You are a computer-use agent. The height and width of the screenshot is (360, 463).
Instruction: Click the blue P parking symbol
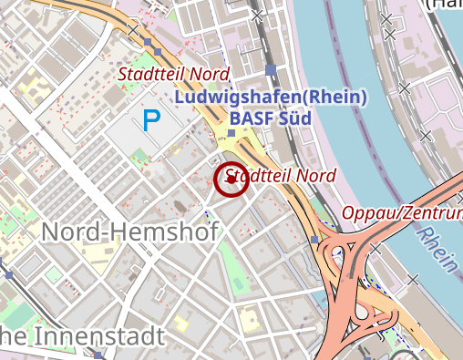pos(151,118)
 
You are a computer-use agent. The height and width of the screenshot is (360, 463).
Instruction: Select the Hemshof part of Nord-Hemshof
pos(165,232)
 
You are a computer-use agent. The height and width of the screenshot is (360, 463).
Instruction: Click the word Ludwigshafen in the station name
pos(235,98)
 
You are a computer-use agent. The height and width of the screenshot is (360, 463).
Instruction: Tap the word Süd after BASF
pos(295,118)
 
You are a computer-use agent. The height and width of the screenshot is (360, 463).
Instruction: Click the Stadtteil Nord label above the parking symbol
pos(173,73)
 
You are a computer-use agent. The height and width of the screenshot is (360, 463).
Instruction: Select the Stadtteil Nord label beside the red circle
pos(281,175)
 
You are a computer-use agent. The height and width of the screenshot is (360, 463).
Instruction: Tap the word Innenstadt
pos(99,336)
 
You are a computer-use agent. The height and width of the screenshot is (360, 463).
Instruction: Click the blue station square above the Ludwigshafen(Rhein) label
pos(271,69)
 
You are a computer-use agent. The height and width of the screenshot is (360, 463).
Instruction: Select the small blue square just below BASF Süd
pos(231,134)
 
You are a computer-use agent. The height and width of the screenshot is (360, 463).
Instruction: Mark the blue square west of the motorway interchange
pos(314,240)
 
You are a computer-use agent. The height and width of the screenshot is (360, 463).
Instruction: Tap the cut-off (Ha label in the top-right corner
pos(445,5)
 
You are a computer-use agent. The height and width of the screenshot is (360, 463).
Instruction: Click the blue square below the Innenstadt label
pos(96,356)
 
